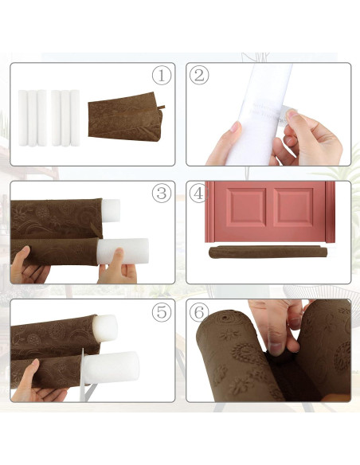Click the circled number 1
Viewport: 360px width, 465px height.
[x=162, y=75]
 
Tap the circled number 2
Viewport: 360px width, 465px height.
[x=199, y=75]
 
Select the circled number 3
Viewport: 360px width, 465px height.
[x=162, y=193]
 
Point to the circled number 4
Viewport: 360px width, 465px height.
[x=199, y=193]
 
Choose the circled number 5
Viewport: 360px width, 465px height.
[x=162, y=311]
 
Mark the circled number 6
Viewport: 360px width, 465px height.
[x=199, y=312]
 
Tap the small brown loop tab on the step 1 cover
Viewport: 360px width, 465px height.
[x=162, y=107]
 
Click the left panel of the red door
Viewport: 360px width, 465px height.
[x=246, y=207]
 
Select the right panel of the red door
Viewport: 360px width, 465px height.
[x=293, y=207]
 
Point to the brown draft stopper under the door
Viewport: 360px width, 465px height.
[x=268, y=252]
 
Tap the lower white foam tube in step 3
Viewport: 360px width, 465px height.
[x=123, y=252]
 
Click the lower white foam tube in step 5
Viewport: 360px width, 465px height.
[x=112, y=366]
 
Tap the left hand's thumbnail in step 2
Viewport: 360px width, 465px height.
[x=236, y=127]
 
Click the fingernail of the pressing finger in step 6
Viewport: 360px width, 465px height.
[x=276, y=347]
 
